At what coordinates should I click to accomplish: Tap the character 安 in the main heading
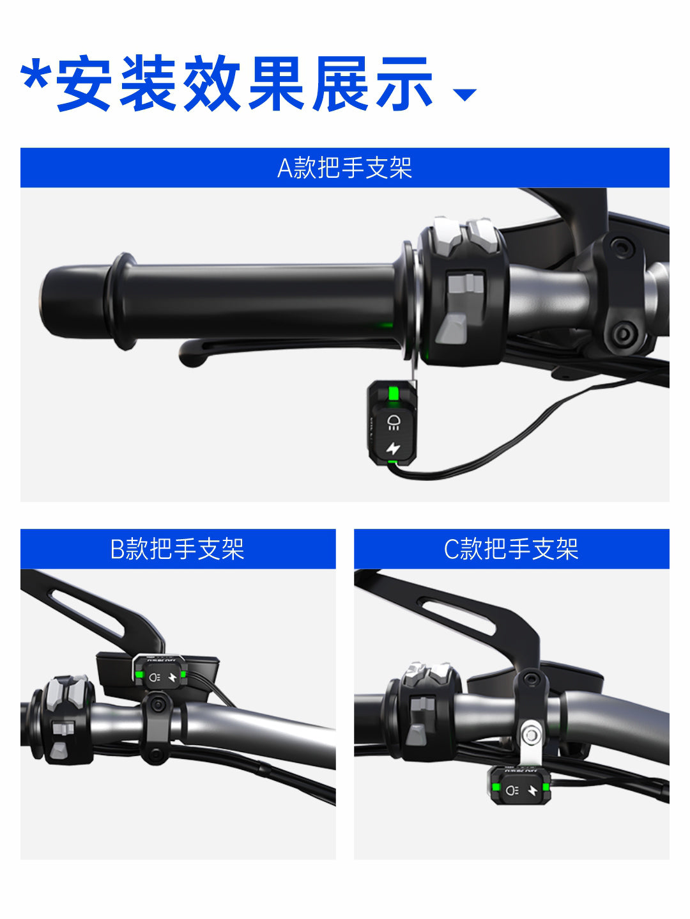coord(84,83)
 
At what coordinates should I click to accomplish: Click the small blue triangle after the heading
coord(464,95)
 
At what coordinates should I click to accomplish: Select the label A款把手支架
coord(344,168)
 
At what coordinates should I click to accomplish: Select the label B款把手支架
coord(178,549)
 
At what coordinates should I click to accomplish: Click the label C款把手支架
coord(511,549)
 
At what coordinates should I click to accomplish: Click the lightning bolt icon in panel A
coord(393,448)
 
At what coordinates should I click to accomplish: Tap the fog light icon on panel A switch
coord(393,422)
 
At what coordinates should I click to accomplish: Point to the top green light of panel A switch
coord(393,393)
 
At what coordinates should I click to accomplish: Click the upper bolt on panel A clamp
coord(622,247)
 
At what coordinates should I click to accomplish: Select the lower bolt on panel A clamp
coord(623,334)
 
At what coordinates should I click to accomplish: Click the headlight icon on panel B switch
coord(155,677)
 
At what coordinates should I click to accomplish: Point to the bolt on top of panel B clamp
coord(158,705)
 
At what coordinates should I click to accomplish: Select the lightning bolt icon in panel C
coord(533,790)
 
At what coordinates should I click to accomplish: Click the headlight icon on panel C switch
coord(512,790)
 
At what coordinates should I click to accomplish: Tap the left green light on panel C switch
coord(496,787)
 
